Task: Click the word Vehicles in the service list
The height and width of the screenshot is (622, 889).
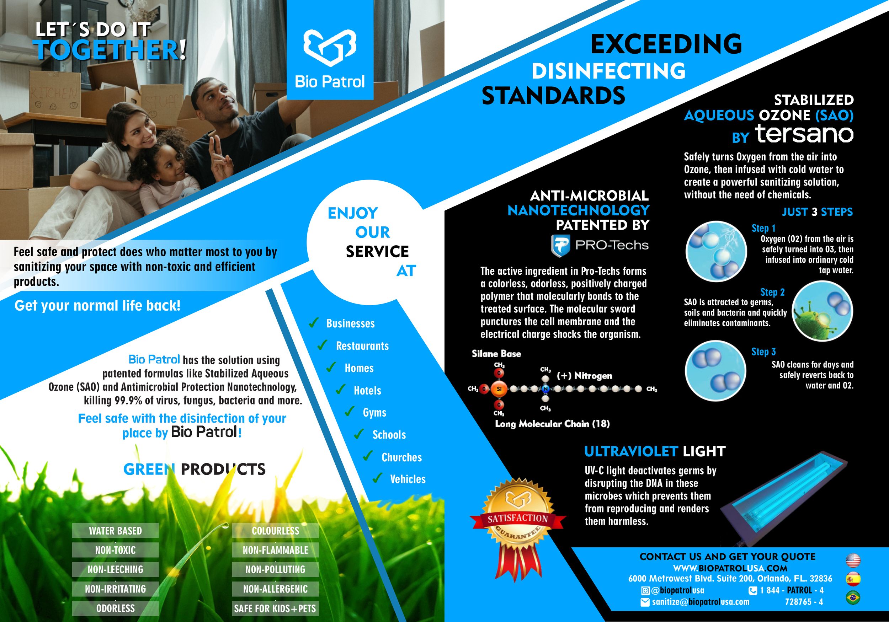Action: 408,479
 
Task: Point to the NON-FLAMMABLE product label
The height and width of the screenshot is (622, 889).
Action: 275,550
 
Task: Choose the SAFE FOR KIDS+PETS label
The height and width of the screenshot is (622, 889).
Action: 275,608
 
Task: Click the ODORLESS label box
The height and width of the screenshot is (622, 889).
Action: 115,608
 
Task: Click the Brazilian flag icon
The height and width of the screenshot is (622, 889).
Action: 853,598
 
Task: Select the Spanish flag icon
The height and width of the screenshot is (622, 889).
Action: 853,579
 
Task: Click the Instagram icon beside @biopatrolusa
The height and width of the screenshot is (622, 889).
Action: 645,591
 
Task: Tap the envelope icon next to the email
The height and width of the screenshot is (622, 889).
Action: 645,602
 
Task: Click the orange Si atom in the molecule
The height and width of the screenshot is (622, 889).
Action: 499,389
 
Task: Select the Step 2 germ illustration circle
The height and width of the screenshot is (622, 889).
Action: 823,311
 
